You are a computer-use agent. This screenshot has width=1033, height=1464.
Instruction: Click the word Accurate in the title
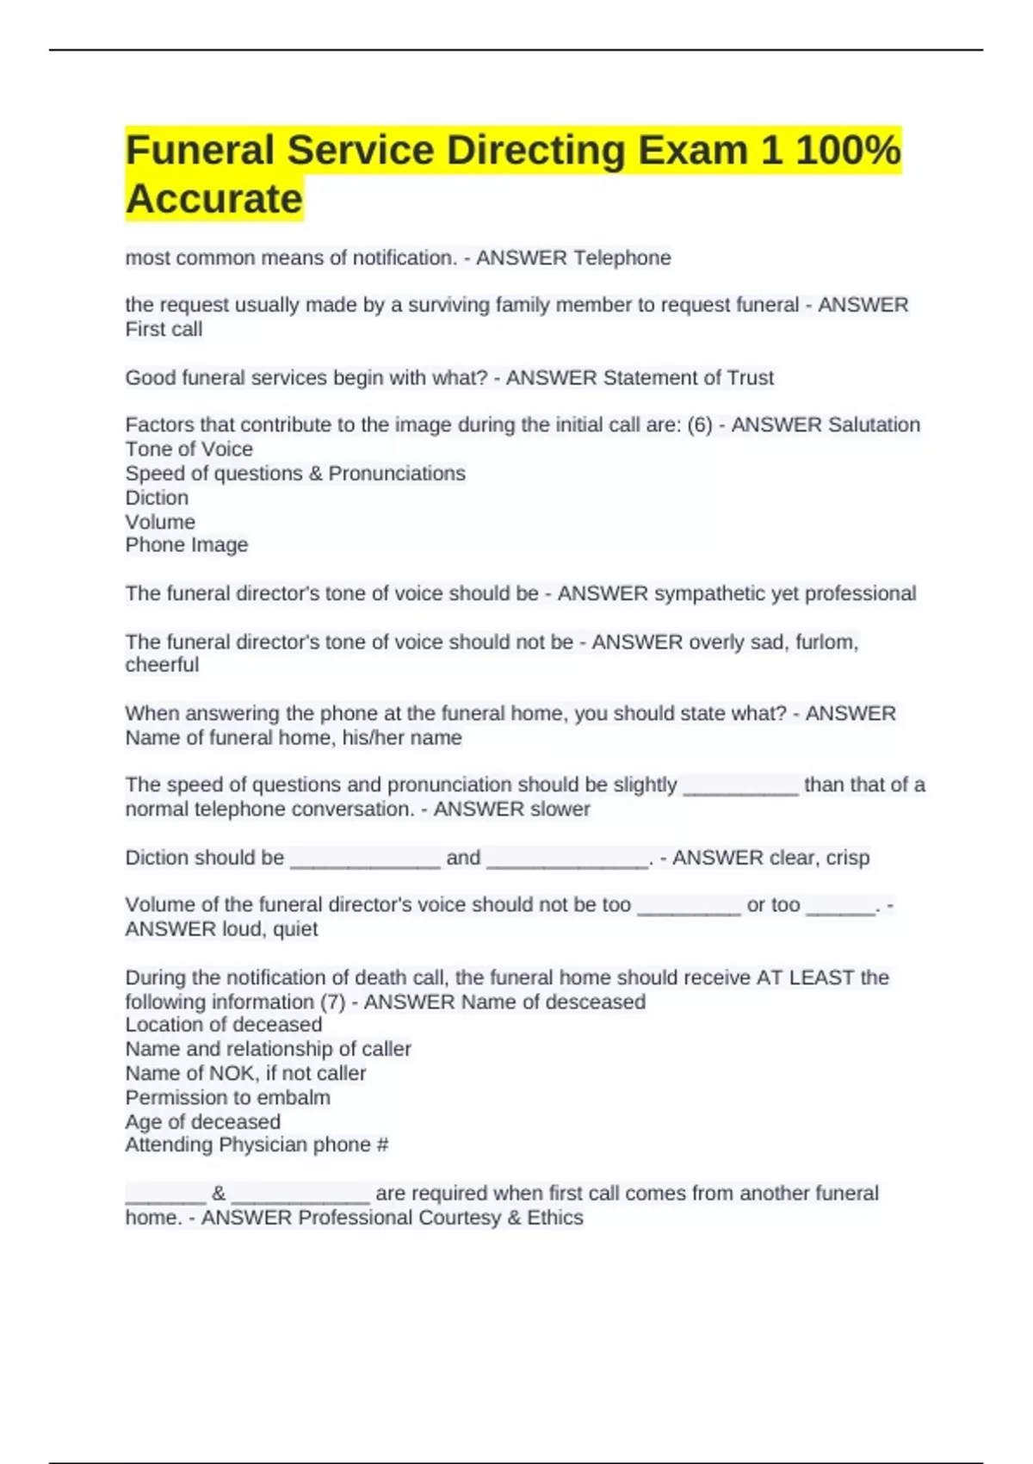pyautogui.click(x=214, y=199)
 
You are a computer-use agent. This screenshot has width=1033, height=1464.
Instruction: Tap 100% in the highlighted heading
pyautogui.click(x=848, y=150)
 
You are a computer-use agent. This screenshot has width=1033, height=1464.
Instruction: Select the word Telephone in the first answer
pyautogui.click(x=622, y=258)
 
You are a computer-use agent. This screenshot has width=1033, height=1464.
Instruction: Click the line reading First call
pyautogui.click(x=164, y=330)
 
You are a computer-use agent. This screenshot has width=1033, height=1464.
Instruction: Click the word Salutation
pyautogui.click(x=873, y=425)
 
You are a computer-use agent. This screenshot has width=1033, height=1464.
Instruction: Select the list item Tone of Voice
pyautogui.click(x=189, y=450)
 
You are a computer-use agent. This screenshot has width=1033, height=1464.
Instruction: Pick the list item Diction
pyautogui.click(x=157, y=498)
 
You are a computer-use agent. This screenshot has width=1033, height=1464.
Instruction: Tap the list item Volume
pyautogui.click(x=160, y=522)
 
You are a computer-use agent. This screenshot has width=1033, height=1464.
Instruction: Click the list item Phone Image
pyautogui.click(x=187, y=545)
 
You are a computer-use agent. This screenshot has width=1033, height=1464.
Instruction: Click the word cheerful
pyautogui.click(x=162, y=666)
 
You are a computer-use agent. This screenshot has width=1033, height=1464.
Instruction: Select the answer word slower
pyautogui.click(x=560, y=810)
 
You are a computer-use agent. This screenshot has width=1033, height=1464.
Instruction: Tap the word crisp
pyautogui.click(x=847, y=858)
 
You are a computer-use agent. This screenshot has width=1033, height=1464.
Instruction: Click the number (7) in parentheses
pyautogui.click(x=331, y=1002)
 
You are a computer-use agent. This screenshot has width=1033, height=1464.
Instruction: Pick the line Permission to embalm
pyautogui.click(x=227, y=1098)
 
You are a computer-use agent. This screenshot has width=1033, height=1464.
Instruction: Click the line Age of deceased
pyautogui.click(x=202, y=1122)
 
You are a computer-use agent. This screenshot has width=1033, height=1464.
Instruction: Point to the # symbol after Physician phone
pyautogui.click(x=382, y=1145)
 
